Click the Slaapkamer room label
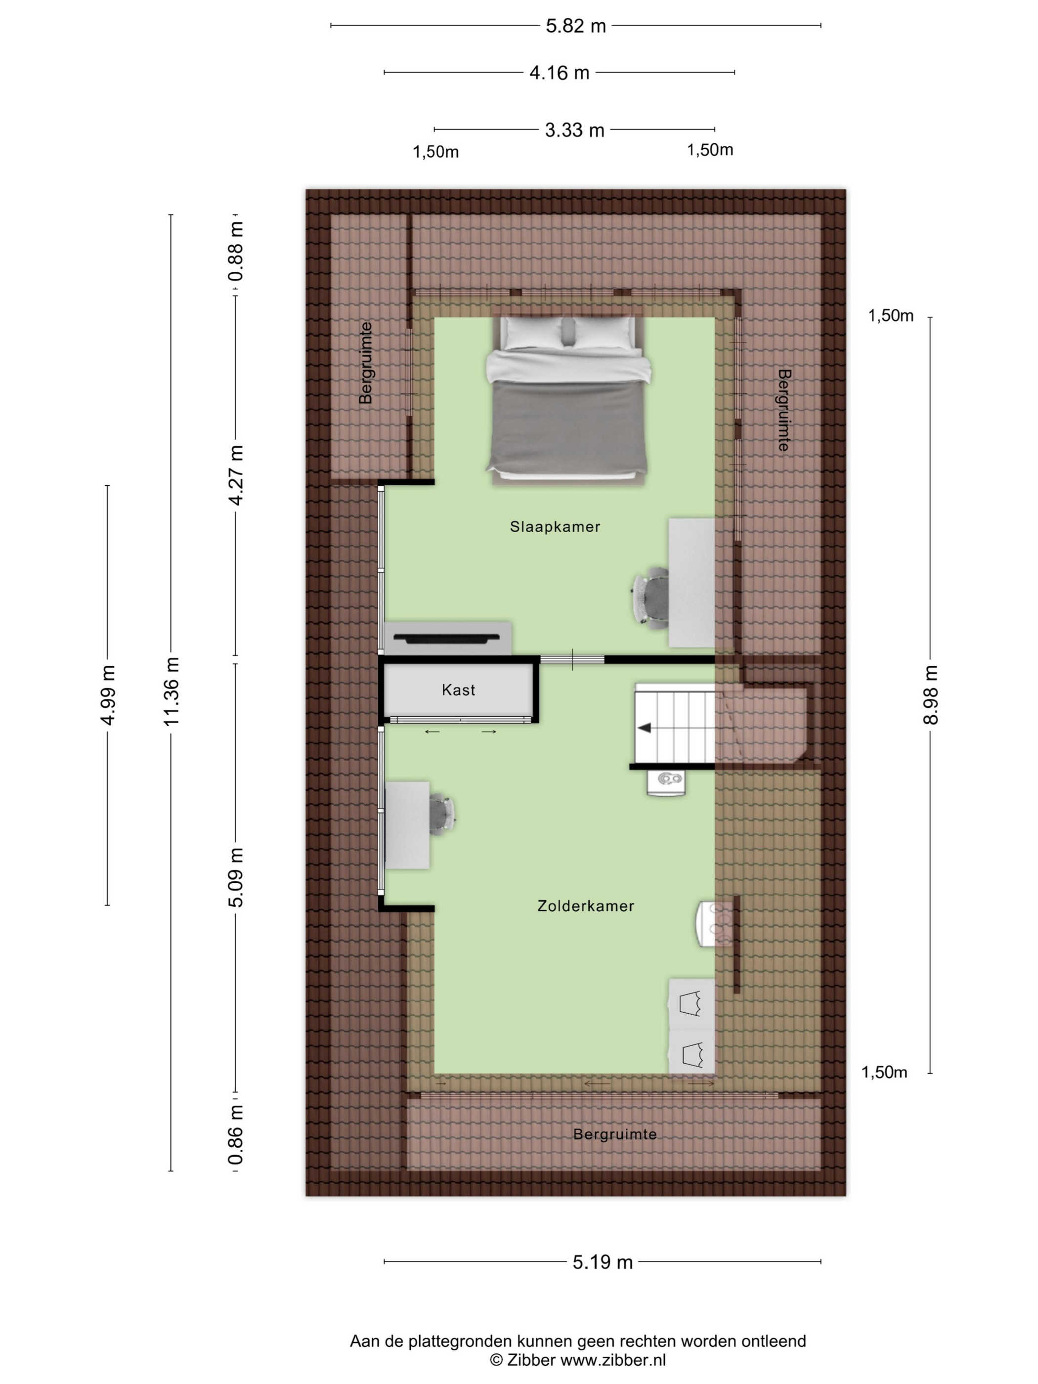[x=555, y=527]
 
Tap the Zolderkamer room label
[x=586, y=906]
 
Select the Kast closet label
[x=458, y=690]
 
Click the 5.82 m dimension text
[x=576, y=26]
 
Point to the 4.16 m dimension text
[x=560, y=73]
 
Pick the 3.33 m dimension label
[x=574, y=130]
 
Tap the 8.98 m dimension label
[x=930, y=695]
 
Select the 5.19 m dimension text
[x=603, y=1262]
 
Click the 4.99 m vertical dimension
[x=108, y=695]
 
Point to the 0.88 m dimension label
[x=236, y=252]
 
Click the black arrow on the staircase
[x=644, y=728]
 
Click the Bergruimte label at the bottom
[x=614, y=1134]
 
